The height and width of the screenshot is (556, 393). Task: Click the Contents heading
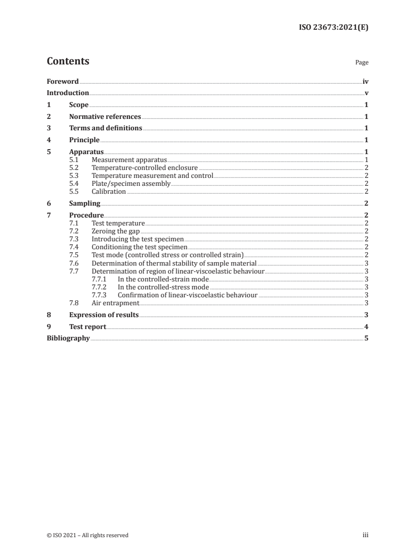click(x=68, y=61)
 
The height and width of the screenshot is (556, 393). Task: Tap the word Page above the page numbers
click(x=362, y=63)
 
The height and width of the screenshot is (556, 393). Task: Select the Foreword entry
click(x=62, y=81)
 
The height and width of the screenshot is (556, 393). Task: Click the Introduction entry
click(x=67, y=93)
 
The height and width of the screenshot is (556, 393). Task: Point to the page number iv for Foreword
click(x=365, y=81)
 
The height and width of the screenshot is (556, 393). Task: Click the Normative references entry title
click(x=105, y=117)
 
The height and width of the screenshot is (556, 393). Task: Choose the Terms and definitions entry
click(x=106, y=128)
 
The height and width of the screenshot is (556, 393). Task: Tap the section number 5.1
click(x=74, y=160)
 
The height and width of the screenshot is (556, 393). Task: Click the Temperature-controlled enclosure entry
click(x=145, y=168)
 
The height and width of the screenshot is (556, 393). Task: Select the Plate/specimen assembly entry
click(x=131, y=184)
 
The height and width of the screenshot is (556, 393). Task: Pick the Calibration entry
click(x=109, y=192)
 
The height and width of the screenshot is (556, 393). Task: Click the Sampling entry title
click(x=85, y=203)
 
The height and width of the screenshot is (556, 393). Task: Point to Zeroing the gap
click(x=115, y=231)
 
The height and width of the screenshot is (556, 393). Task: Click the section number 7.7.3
click(x=100, y=295)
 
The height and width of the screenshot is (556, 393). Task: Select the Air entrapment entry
click(x=115, y=303)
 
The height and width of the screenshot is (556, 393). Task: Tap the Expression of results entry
click(x=104, y=315)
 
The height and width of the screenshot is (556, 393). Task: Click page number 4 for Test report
click(x=366, y=327)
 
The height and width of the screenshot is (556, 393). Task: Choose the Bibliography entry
click(x=68, y=338)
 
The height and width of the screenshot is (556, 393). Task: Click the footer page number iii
click(x=366, y=535)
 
